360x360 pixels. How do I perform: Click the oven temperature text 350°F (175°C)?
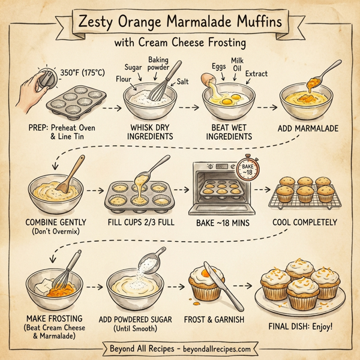point(82,73)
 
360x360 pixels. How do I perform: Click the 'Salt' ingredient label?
point(183,80)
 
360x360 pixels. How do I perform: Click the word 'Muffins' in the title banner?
point(252,23)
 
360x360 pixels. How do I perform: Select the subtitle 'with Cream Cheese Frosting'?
point(180,44)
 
